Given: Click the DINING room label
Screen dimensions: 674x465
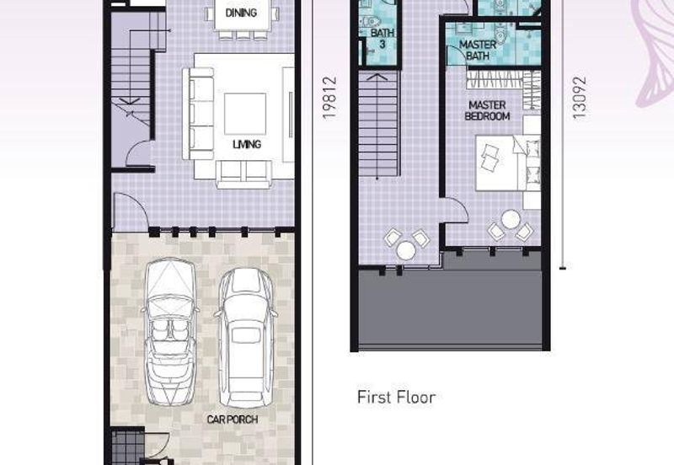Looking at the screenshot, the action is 241,13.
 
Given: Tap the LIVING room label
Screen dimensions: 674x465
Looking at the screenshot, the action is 247,144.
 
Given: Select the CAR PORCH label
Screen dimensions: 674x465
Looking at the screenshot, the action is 233,420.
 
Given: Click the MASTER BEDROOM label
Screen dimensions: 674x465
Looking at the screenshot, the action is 487,110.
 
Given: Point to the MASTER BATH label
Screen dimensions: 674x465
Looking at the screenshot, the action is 478,50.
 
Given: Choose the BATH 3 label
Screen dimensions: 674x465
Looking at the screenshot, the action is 382,38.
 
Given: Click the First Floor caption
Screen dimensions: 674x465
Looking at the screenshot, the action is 396,397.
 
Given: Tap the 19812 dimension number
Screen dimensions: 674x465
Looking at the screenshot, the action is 329,98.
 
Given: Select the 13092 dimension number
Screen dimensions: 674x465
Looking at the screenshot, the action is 579,98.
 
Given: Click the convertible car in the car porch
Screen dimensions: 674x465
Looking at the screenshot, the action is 170,331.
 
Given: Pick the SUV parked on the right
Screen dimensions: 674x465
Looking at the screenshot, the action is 245,338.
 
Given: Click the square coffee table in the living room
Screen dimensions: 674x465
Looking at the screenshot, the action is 245,114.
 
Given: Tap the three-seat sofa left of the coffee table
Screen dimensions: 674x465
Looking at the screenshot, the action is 198,114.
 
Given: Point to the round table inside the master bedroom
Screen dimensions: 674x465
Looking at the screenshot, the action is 511,219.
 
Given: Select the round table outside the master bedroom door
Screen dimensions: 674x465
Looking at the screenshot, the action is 406,250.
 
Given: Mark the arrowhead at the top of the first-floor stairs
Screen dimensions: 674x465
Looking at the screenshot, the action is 377,77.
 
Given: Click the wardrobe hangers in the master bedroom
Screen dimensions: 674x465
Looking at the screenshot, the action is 495,80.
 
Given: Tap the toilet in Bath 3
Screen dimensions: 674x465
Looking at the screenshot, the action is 369,20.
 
